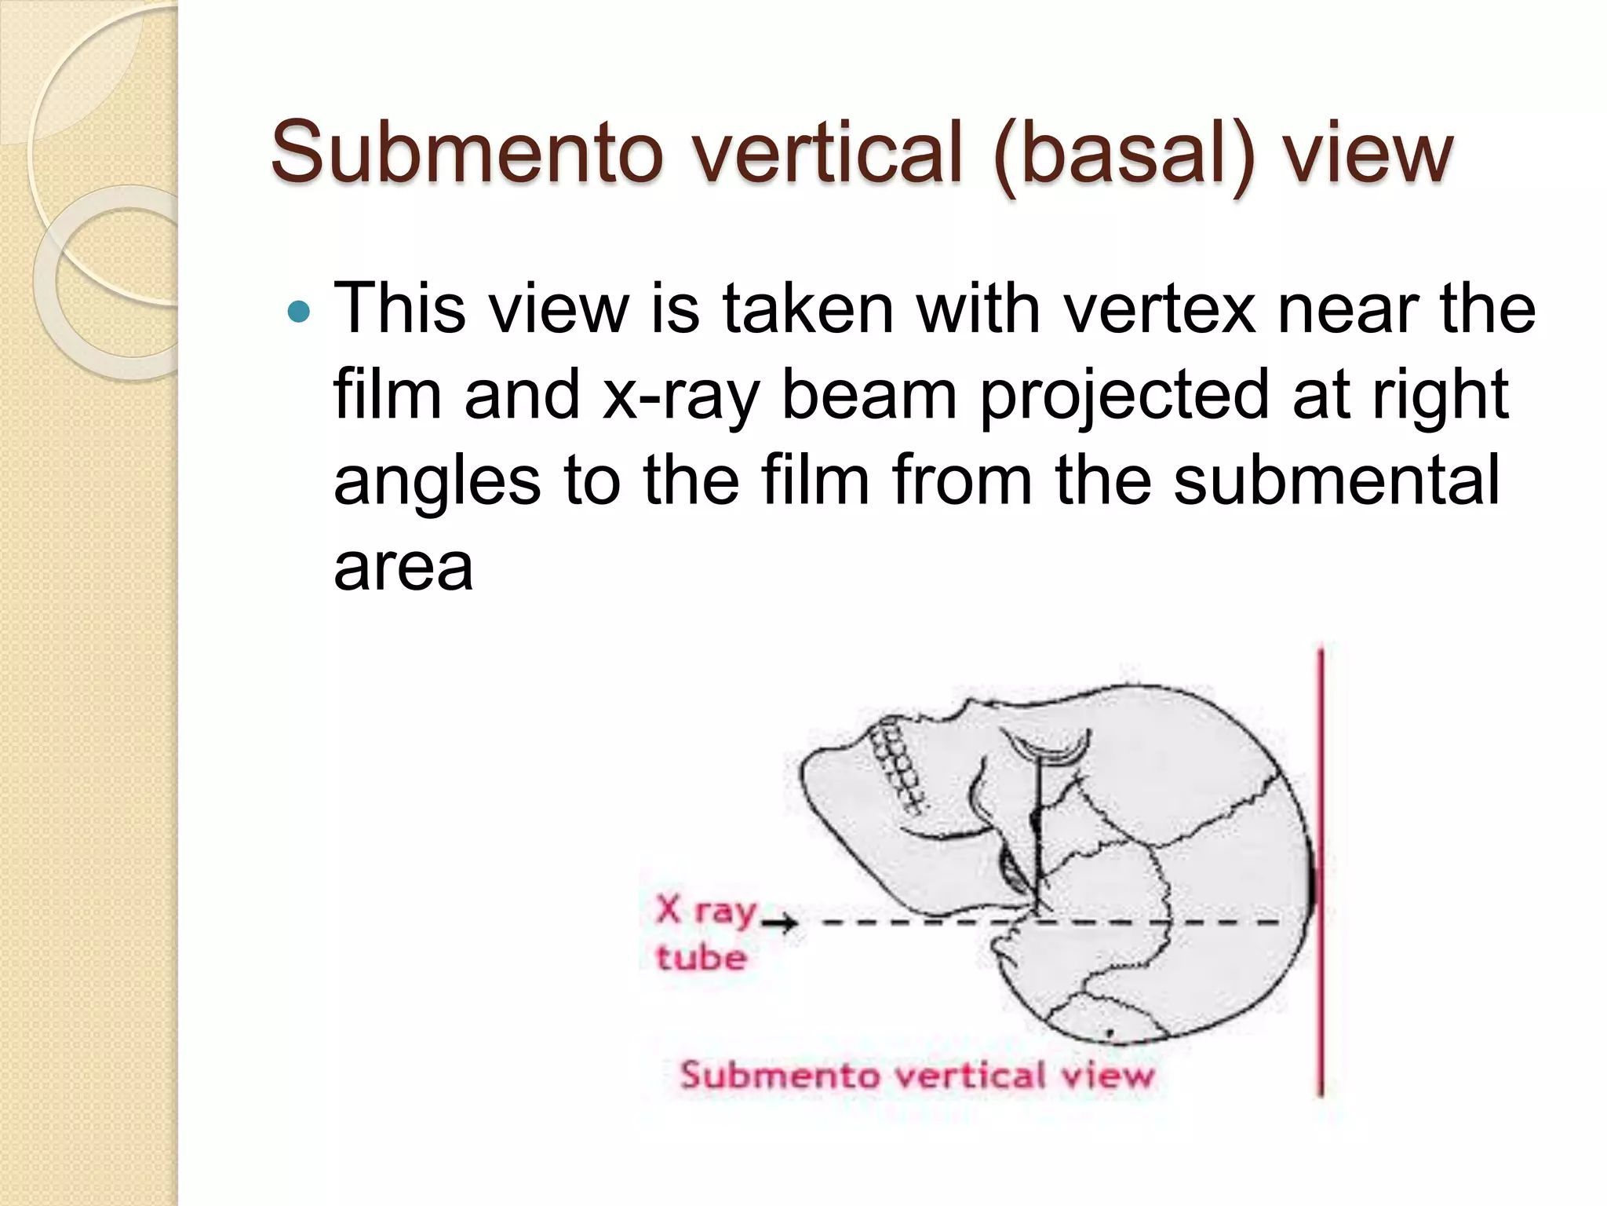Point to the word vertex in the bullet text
[x=1160, y=309]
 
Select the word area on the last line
[x=403, y=567]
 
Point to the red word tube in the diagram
[x=701, y=958]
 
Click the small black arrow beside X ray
[x=780, y=923]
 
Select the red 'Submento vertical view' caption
[x=916, y=1075]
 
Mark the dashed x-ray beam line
[x=1099, y=923]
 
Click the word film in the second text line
[x=387, y=395]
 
